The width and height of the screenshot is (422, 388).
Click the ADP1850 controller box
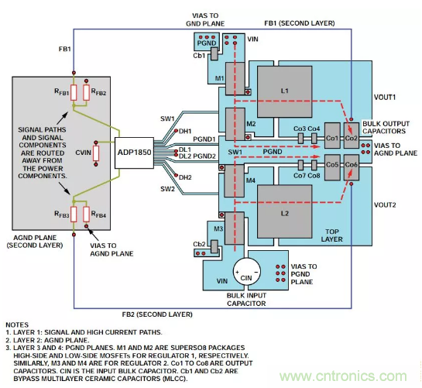pyautogui.click(x=134, y=153)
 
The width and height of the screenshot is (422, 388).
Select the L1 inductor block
pyautogui.click(x=285, y=92)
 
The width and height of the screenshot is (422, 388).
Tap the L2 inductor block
pyautogui.click(x=285, y=211)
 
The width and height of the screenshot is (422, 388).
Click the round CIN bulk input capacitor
pyautogui.click(x=246, y=271)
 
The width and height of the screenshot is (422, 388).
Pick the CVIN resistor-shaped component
pyautogui.click(x=96, y=153)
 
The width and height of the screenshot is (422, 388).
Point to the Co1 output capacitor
pyautogui.click(x=332, y=136)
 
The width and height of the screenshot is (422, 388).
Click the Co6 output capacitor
pyautogui.click(x=352, y=167)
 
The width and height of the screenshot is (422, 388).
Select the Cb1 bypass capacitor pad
pyautogui.click(x=214, y=53)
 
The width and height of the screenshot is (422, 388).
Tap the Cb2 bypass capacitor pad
pyautogui.click(x=214, y=246)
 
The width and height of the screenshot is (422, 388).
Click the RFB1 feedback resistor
pyautogui.click(x=74, y=93)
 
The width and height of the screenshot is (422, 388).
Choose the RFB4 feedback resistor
pyautogui.click(x=86, y=215)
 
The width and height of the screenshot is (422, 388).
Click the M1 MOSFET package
pyautogui.click(x=235, y=79)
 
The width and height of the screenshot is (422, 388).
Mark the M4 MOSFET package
pyautogui.click(x=235, y=181)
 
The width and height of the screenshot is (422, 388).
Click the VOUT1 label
pyautogui.click(x=385, y=98)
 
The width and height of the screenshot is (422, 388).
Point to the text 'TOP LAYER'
pyautogui.click(x=331, y=235)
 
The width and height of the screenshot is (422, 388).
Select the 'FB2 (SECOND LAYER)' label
pyautogui.click(x=157, y=314)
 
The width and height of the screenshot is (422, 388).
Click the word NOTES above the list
pyautogui.click(x=17, y=324)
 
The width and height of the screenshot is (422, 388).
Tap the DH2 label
pyautogui.click(x=185, y=177)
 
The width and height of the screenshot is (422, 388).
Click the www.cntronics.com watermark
pyautogui.click(x=343, y=376)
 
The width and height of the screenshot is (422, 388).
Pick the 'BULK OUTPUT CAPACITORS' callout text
pyautogui.click(x=386, y=127)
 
